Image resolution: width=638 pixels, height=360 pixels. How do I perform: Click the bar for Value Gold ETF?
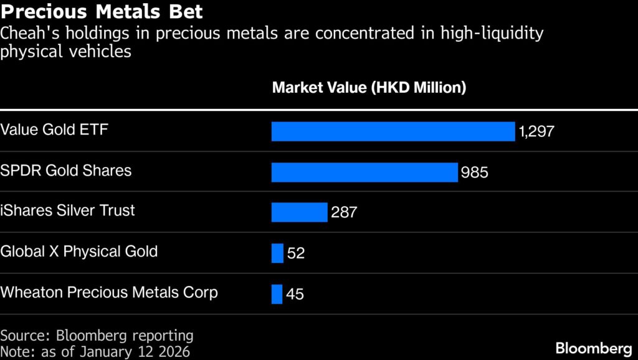pos(393,131)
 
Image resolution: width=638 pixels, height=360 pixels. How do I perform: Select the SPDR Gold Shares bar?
pos(364,172)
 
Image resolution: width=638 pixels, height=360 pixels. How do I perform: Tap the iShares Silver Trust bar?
pos(299,212)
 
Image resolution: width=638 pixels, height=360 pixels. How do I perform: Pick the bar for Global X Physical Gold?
pos(277,253)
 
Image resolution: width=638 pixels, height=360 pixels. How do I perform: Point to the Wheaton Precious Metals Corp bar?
pos(277,294)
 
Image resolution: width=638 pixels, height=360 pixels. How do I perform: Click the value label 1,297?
pos(536,131)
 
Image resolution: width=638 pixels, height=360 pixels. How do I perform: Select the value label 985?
pos(474,173)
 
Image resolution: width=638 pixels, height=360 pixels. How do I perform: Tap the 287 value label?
pos(344,212)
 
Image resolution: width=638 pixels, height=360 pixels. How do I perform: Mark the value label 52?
pos(296,253)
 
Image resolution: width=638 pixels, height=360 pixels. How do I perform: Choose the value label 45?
pos(295,294)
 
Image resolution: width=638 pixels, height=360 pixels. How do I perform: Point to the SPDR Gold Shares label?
pos(66,170)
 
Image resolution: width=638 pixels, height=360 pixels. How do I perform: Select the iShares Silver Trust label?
pos(67,211)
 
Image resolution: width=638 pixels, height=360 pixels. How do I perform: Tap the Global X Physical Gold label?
pos(79,252)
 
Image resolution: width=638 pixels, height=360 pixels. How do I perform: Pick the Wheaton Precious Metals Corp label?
pos(109,292)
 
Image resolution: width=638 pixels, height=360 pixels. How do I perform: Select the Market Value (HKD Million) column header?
pos(369,88)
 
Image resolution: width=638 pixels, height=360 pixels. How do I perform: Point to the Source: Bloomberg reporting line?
pos(97,336)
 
